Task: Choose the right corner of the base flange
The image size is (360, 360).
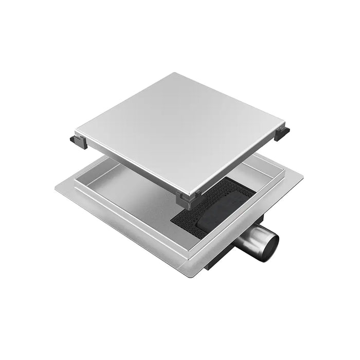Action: click(302, 178)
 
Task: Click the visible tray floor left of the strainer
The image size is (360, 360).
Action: click(139, 198)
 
